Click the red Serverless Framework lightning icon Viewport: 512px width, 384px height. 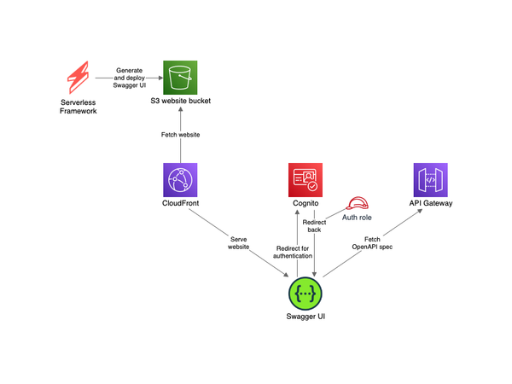[x=79, y=78]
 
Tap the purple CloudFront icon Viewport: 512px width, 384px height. [x=181, y=181]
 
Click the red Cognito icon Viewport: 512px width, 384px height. [x=305, y=181]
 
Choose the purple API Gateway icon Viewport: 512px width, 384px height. [x=431, y=181]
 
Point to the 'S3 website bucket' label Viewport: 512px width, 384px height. [x=181, y=102]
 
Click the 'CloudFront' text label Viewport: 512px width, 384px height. [x=181, y=204]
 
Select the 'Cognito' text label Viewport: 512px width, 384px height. [x=305, y=204]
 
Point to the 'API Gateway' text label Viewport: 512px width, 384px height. [x=431, y=204]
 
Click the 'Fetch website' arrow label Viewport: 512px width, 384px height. [x=181, y=135]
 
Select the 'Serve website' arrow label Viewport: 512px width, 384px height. [x=238, y=241]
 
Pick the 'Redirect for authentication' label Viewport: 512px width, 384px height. [x=293, y=251]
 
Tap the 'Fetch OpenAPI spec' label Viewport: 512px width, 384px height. [x=372, y=245]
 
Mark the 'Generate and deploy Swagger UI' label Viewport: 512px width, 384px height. [x=130, y=78]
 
